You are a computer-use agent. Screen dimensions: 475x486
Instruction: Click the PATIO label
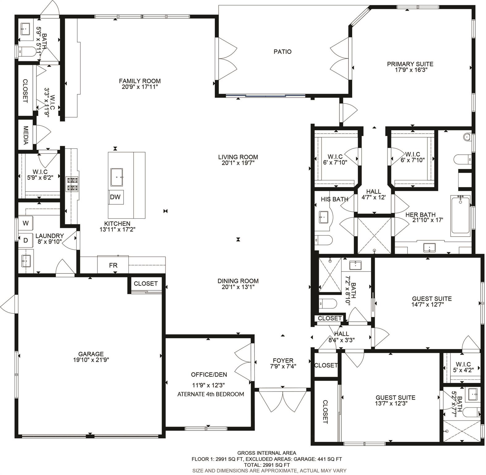pyautogui.click(x=282, y=52)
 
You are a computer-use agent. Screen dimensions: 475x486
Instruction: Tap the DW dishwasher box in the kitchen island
pyautogui.click(x=115, y=197)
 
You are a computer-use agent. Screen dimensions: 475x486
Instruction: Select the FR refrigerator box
pyautogui.click(x=113, y=265)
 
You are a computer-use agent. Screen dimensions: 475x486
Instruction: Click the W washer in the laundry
pyautogui.click(x=26, y=223)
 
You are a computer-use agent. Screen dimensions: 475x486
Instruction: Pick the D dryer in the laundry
pyautogui.click(x=26, y=240)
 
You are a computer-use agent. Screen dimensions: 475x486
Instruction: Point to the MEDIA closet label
pyautogui.click(x=26, y=135)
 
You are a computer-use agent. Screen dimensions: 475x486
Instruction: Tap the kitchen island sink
pyautogui.click(x=117, y=177)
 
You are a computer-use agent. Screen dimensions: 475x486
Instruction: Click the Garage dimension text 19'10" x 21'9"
pyautogui.click(x=91, y=360)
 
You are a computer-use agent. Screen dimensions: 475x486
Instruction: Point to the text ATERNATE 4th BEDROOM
pyautogui.click(x=210, y=394)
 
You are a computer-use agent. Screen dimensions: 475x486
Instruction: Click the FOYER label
pyautogui.click(x=283, y=361)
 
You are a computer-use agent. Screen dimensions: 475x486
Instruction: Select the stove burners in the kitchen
pyautogui.click(x=72, y=184)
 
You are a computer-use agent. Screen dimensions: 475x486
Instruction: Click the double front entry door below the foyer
pyautogui.click(x=282, y=400)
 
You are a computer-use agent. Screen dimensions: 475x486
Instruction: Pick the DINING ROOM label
pyautogui.click(x=238, y=281)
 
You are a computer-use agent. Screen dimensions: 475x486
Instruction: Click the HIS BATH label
pyautogui.click(x=334, y=199)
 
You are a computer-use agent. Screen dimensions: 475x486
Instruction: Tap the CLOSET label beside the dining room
pyautogui.click(x=146, y=284)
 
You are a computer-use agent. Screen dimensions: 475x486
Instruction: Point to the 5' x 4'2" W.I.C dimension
pyautogui.click(x=463, y=370)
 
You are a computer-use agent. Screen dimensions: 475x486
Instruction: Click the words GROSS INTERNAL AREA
pyautogui.click(x=266, y=453)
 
